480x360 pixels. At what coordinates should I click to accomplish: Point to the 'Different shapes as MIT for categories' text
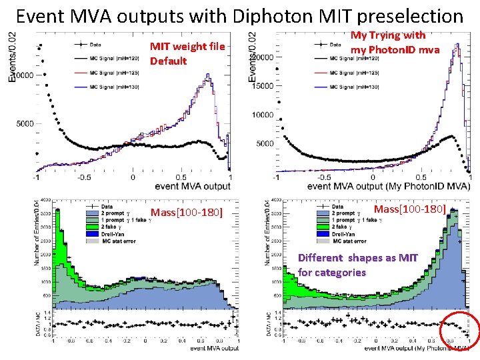coord(358,265)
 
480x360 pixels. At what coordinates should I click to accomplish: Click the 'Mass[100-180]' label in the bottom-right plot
coord(409,209)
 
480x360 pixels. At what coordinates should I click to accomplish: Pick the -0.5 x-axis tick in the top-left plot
coord(84,177)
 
